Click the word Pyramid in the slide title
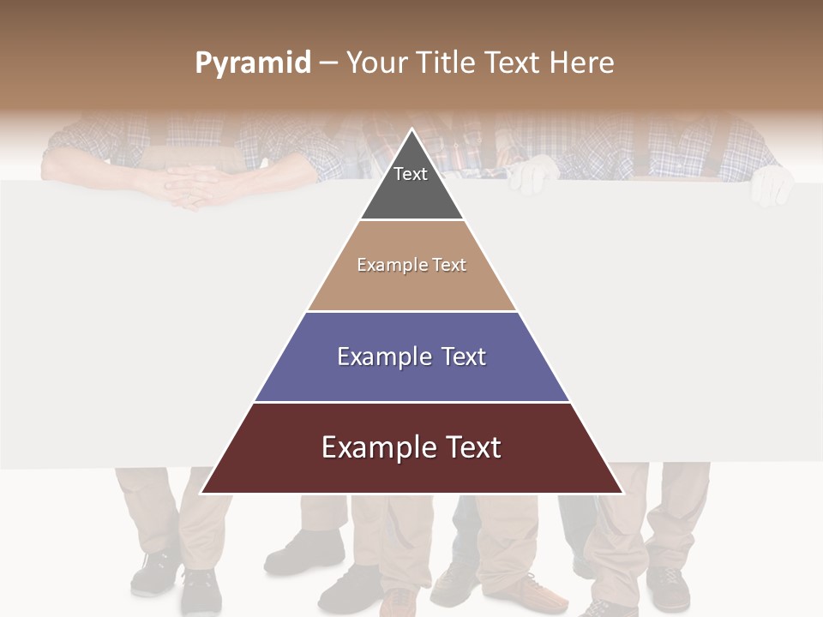pos(252,63)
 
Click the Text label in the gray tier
pos(411,174)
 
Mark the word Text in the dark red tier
pos(474,447)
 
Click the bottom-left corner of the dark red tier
pos(201,493)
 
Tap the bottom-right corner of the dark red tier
pos(622,493)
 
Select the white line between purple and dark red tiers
pos(411,402)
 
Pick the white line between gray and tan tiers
pos(411,219)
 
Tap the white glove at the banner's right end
pos(771,183)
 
